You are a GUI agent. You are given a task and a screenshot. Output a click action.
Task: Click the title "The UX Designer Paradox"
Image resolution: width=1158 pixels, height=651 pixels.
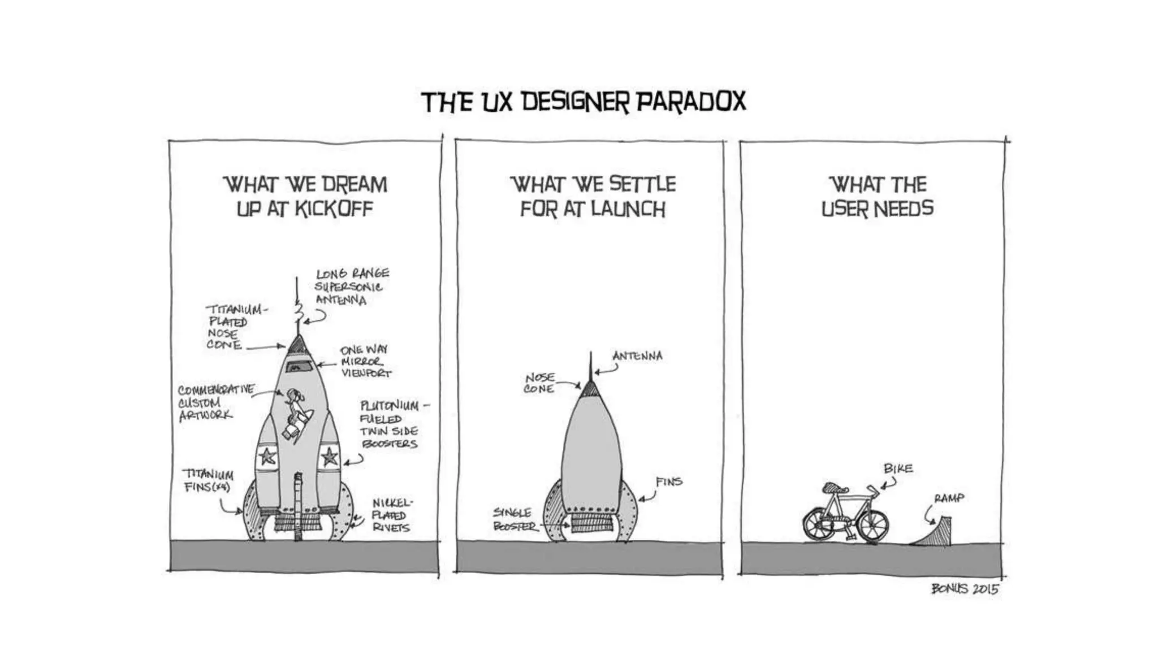pos(584,102)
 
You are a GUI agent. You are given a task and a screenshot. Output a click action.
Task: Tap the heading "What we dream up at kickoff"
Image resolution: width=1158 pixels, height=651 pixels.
pos(305,197)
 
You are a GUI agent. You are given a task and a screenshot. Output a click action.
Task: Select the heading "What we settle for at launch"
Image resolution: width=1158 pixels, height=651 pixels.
pos(593,197)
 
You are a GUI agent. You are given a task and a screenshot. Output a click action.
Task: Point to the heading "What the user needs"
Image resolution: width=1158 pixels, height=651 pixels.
pos(878,197)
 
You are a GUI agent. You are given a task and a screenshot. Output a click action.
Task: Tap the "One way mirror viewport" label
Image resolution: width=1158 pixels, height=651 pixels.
pos(365,362)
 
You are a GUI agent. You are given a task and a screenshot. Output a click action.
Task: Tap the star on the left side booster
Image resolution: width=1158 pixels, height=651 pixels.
pos(267,455)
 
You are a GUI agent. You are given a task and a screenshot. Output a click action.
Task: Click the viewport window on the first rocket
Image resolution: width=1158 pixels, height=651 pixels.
pos(298,367)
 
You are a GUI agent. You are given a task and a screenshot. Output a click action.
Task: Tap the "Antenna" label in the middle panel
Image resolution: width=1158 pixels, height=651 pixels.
pos(637,357)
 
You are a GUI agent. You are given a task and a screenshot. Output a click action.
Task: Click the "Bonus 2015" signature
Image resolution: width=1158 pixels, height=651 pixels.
pos(965,589)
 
